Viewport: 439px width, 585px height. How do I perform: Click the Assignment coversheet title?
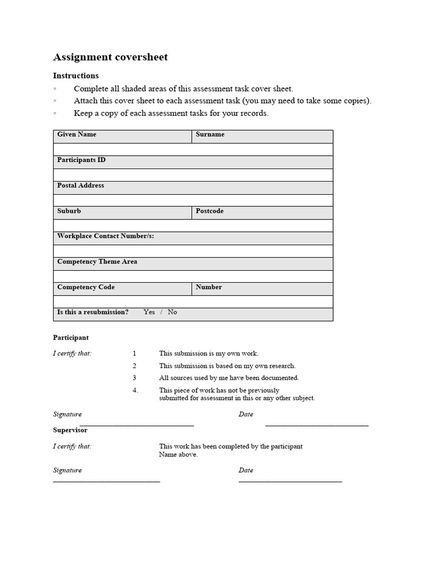(110, 57)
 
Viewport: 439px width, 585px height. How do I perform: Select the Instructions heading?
(75, 75)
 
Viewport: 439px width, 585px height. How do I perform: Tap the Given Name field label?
(77, 135)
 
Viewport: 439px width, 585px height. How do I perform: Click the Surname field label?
(210, 135)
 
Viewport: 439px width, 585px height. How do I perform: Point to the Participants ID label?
(81, 160)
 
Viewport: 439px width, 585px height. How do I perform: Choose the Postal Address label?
(81, 186)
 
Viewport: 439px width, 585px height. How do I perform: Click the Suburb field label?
(69, 211)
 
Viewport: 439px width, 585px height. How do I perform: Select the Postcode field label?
(209, 211)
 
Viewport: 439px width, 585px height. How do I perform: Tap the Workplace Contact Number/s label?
(105, 236)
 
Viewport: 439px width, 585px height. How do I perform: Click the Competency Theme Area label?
(97, 262)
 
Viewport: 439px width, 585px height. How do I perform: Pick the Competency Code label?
(86, 287)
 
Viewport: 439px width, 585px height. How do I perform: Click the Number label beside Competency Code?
(209, 287)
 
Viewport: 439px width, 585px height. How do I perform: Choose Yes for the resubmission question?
(149, 312)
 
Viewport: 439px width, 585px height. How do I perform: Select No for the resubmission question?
(172, 312)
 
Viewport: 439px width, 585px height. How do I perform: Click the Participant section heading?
(71, 338)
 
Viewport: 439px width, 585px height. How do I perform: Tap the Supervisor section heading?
(70, 430)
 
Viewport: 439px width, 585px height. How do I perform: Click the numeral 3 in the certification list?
(134, 378)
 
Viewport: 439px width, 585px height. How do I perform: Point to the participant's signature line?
(137, 424)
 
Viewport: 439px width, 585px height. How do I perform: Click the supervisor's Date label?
(246, 470)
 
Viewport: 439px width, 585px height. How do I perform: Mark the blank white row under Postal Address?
(193, 200)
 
